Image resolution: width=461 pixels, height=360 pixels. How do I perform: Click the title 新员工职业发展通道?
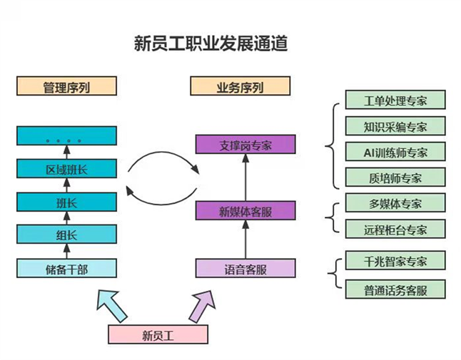[211, 44]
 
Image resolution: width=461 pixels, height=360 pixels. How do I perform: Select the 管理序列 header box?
[66, 88]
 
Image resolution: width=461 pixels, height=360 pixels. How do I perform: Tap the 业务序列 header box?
[240, 88]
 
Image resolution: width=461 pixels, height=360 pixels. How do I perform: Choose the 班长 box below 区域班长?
[66, 202]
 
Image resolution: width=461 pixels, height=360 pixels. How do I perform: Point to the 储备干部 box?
[66, 269]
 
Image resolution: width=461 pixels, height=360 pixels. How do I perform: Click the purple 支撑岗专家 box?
[245, 145]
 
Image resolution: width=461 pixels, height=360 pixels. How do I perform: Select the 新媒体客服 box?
[245, 211]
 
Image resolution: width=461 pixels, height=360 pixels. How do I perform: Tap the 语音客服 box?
[245, 269]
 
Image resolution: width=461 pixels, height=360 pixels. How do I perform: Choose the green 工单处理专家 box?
[395, 100]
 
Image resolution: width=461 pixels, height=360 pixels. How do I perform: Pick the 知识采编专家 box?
[395, 126]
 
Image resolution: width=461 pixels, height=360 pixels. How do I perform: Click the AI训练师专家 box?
[395, 152]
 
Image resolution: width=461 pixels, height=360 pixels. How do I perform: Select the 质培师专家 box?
[395, 178]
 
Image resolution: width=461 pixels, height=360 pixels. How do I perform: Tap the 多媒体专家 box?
[395, 203]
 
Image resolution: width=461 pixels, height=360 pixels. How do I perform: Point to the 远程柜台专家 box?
[395, 229]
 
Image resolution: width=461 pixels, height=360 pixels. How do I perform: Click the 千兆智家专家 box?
[395, 261]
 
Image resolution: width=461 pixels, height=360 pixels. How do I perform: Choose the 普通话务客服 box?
[395, 289]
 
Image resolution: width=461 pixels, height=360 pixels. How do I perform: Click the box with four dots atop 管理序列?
[66, 136]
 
